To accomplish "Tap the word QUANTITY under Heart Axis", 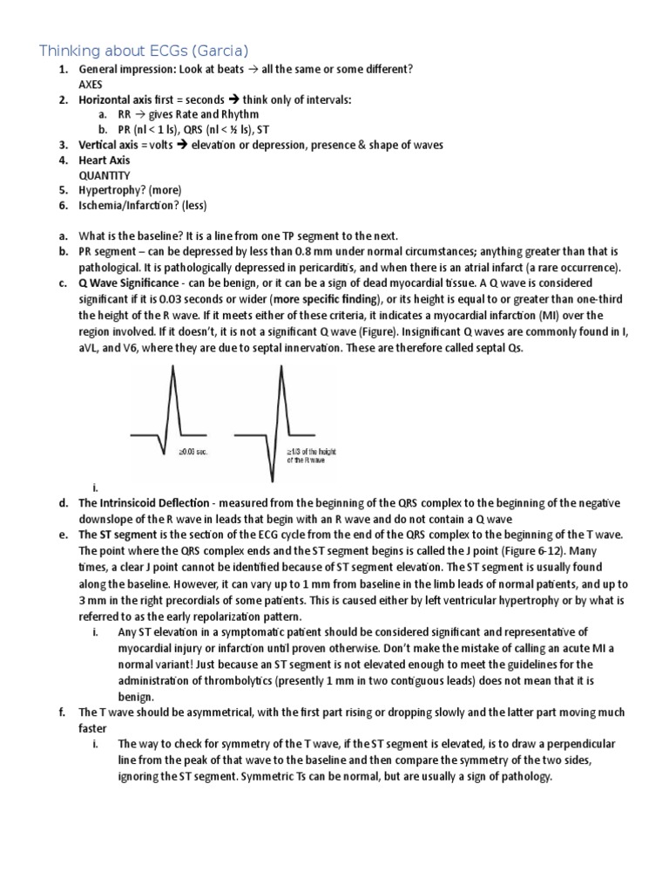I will coord(104,174).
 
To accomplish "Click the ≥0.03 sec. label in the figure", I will coord(193,453).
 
